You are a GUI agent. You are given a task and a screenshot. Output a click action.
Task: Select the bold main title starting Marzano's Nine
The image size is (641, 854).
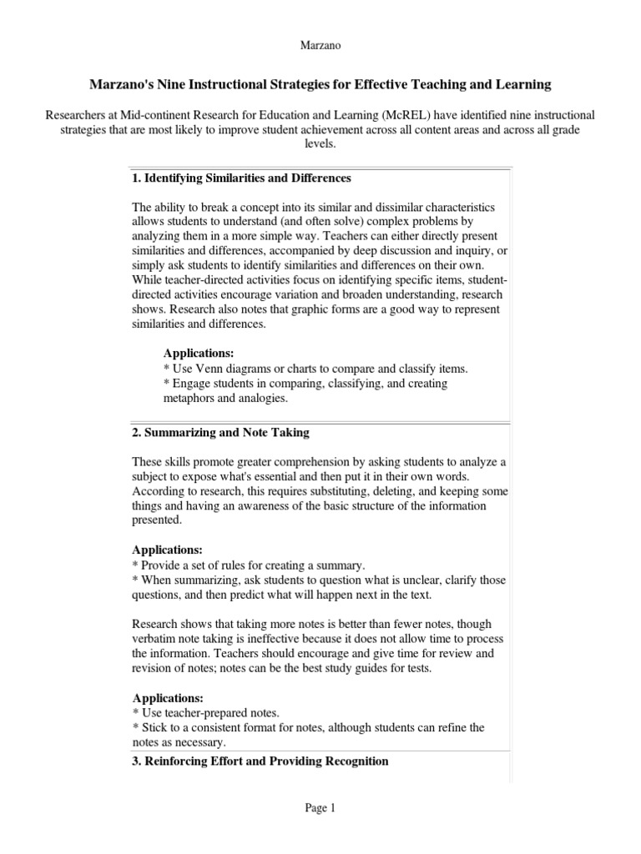click(x=320, y=85)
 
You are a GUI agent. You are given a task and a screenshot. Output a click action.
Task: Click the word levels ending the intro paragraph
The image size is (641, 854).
click(x=320, y=144)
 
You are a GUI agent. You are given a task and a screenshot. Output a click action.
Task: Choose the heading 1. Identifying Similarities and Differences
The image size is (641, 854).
click(x=241, y=178)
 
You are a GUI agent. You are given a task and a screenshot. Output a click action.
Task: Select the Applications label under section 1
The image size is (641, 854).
click(x=199, y=354)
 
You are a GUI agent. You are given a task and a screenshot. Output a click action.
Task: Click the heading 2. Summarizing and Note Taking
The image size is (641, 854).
click(x=220, y=432)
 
